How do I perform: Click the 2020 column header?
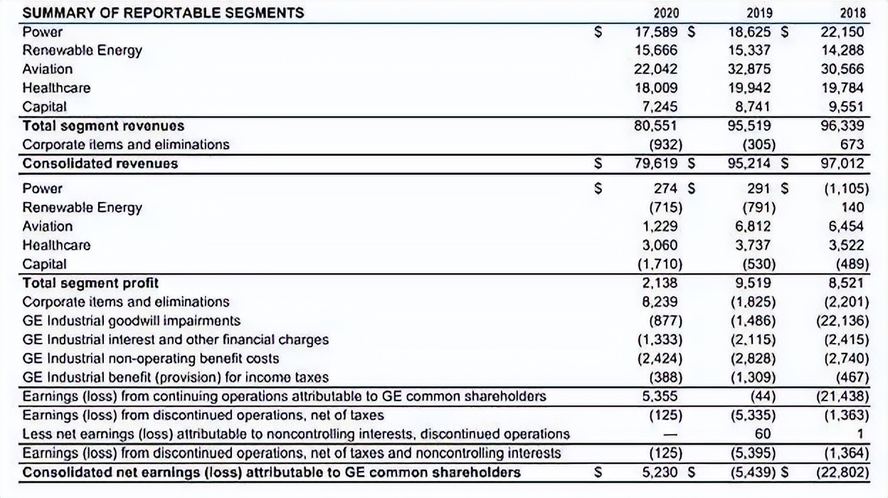tap(666, 13)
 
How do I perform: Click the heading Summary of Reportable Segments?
tap(164, 13)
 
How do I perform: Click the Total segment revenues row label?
tap(103, 126)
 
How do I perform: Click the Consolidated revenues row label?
tap(100, 163)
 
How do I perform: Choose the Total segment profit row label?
tap(90, 282)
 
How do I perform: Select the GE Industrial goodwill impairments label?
tap(132, 320)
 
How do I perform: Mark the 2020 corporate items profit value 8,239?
tap(660, 302)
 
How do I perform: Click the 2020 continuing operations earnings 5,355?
tap(660, 396)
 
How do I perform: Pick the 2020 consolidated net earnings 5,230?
tap(660, 472)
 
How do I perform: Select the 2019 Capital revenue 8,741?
tap(751, 107)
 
